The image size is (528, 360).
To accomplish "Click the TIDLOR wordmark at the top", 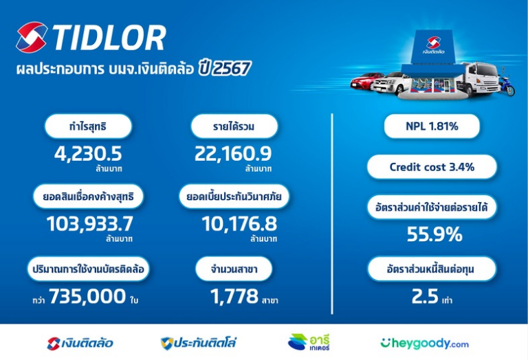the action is pyautogui.click(x=109, y=37).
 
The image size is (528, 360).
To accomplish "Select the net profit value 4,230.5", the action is pyautogui.click(x=88, y=154).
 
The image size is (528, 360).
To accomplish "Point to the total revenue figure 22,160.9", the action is pyautogui.click(x=233, y=154).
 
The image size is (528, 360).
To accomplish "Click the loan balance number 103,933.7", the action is pyautogui.click(x=89, y=224).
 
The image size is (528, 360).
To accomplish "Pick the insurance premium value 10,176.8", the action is pyautogui.click(x=239, y=224).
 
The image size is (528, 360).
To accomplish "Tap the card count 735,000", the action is pyautogui.click(x=87, y=296).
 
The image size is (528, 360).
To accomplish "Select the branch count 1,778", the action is pyautogui.click(x=234, y=296).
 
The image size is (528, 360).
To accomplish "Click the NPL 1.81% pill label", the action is pyautogui.click(x=432, y=126).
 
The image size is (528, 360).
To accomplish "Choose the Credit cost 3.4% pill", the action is pyautogui.click(x=432, y=167).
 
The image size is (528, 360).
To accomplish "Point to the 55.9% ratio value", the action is pyautogui.click(x=434, y=234).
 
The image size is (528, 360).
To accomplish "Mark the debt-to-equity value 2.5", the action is pyautogui.click(x=425, y=296).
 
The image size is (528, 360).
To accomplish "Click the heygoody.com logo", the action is pyautogui.click(x=424, y=344).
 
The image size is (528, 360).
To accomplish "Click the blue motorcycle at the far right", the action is pyautogui.click(x=507, y=86).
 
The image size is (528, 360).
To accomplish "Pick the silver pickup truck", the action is pyautogui.click(x=393, y=82).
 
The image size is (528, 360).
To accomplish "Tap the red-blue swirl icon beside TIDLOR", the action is pyautogui.click(x=32, y=37).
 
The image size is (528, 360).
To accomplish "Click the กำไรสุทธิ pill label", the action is pyautogui.click(x=88, y=126).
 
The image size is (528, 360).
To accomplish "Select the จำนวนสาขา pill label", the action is pyautogui.click(x=234, y=269).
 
